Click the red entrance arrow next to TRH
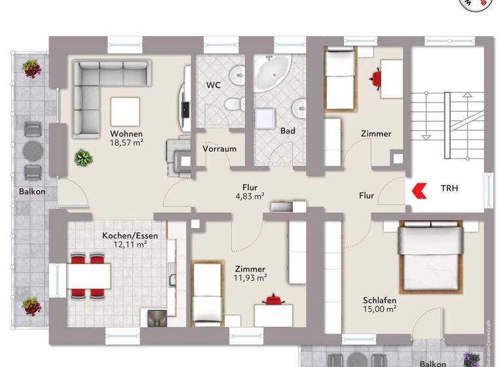419,189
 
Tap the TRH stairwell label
449,189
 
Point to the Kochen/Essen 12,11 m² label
124,239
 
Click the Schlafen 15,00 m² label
381,305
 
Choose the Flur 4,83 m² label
250,190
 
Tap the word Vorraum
219,149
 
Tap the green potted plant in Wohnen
83,157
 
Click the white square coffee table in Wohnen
124,111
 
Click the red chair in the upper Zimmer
377,79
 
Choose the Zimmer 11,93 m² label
250,273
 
